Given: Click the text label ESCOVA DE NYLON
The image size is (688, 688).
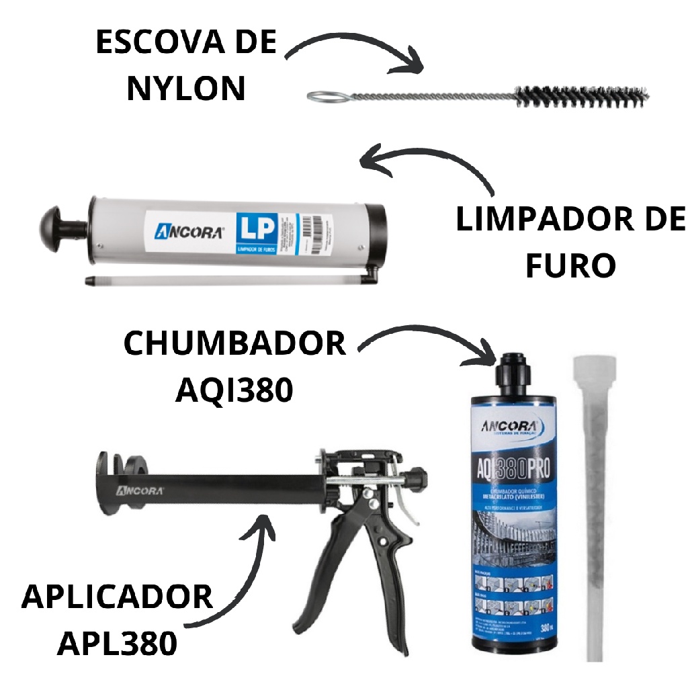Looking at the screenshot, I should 185,65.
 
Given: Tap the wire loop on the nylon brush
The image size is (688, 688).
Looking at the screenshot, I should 325,96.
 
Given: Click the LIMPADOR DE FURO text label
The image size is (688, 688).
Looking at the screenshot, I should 570,243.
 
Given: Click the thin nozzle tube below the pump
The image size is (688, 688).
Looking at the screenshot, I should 222,278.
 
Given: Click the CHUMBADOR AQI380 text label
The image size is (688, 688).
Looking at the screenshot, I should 234,366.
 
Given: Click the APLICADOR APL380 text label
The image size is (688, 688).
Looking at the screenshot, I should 117,619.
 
